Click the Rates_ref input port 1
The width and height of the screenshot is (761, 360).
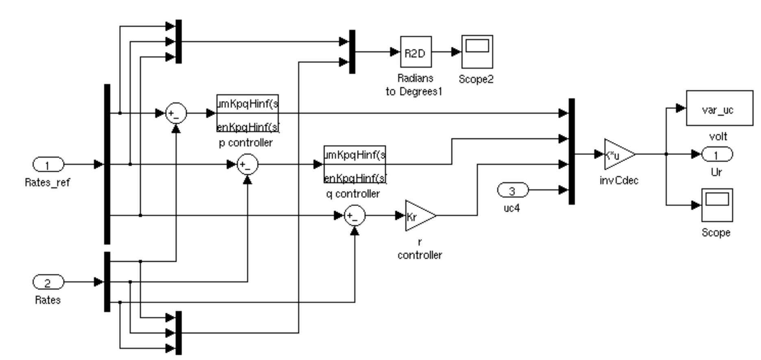(x=48, y=165)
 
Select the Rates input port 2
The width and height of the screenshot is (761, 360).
(x=48, y=282)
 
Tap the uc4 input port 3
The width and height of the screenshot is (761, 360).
(x=513, y=190)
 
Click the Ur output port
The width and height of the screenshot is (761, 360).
(x=717, y=154)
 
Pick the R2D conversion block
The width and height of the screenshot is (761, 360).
(x=416, y=52)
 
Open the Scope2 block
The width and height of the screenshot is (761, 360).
(x=477, y=52)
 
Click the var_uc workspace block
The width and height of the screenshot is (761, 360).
(x=719, y=108)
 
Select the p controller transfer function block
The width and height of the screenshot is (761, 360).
(x=248, y=113)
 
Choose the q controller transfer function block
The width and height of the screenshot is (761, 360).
(x=355, y=165)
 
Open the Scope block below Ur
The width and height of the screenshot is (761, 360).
(x=717, y=205)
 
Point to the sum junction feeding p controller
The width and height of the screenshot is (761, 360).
(x=176, y=114)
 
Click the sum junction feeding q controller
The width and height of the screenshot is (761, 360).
(x=248, y=165)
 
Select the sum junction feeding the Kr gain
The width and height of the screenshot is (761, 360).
(x=355, y=216)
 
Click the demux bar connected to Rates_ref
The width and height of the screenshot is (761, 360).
(x=107, y=164)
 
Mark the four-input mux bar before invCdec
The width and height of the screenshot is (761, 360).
(x=571, y=151)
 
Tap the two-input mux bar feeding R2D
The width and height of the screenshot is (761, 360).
(x=352, y=52)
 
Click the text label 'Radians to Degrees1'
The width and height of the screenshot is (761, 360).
(x=414, y=85)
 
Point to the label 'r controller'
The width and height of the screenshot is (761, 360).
(x=420, y=249)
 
